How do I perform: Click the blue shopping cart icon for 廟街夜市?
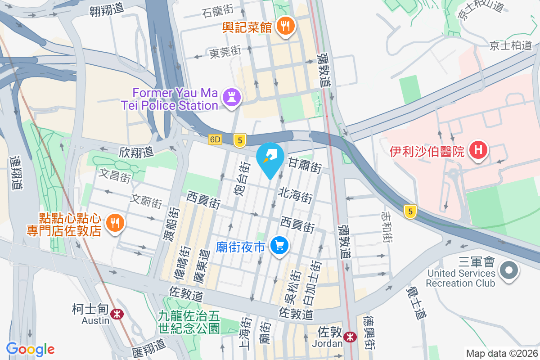point(279,246)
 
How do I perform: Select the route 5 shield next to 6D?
point(239,141)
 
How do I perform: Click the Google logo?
point(30,349)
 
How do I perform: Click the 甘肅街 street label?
point(305,165)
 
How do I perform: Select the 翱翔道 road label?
point(106,11)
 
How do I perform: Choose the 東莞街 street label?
point(225,52)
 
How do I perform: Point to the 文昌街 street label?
point(115,175)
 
